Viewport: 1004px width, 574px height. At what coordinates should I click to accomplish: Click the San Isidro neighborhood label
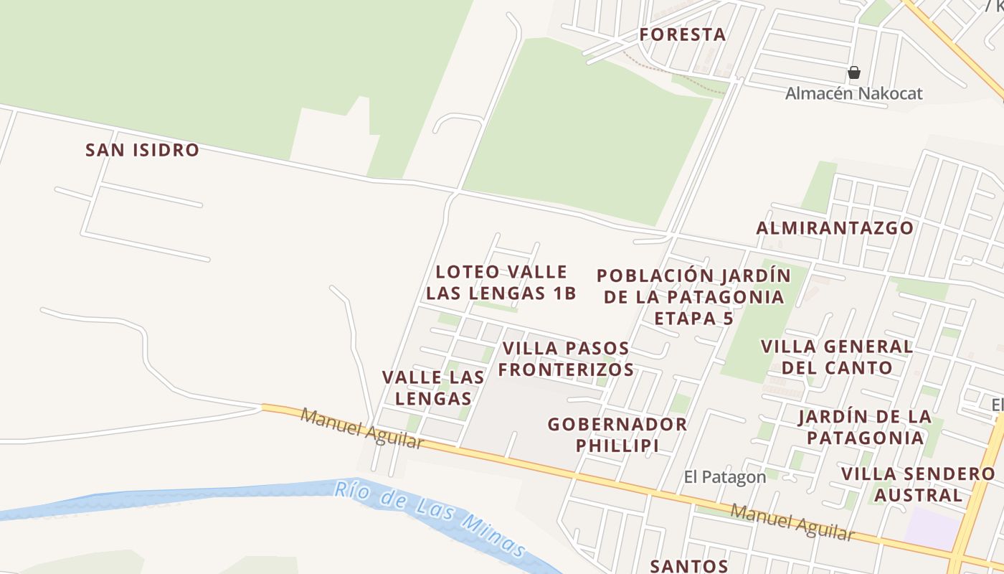[142, 150]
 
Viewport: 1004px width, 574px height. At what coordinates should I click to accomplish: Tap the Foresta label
[682, 34]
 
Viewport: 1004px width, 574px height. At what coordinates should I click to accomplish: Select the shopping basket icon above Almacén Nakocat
[853, 72]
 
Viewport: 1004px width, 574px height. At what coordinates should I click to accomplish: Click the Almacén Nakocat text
[853, 93]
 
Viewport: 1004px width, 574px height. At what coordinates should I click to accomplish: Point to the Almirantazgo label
[835, 228]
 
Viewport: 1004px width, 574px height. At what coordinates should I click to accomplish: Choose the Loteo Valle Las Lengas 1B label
[501, 283]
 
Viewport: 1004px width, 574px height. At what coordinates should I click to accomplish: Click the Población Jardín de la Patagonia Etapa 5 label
[693, 296]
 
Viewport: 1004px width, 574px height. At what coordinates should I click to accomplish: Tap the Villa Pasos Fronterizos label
[567, 359]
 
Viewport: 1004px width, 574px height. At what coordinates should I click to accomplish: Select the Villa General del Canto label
[836, 357]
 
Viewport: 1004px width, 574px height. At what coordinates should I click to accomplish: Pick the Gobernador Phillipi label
[617, 434]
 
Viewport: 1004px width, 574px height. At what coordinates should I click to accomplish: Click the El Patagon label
[724, 477]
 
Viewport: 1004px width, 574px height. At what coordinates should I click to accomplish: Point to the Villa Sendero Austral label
[918, 484]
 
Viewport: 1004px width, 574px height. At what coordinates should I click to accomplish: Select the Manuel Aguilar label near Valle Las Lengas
[362, 428]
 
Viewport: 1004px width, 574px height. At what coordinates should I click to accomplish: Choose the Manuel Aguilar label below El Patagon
[792, 522]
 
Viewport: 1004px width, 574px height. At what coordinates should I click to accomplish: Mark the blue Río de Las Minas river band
[215, 499]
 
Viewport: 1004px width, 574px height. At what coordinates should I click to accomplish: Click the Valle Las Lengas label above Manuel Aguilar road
[432, 387]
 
